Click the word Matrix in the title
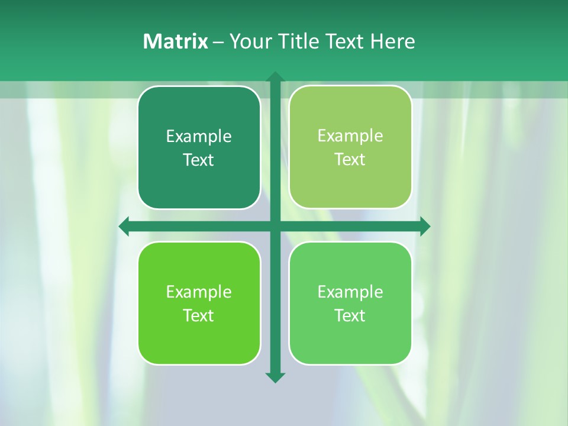click(175, 41)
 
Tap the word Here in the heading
click(393, 41)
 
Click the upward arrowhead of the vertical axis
click(275, 77)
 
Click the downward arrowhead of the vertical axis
click(275, 377)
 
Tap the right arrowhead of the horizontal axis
click(425, 226)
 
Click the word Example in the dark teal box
click(199, 137)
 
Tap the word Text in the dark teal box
click(199, 160)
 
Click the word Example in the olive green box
click(350, 136)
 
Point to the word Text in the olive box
click(350, 160)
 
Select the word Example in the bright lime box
click(199, 292)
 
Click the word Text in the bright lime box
click(199, 316)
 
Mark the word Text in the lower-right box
click(350, 316)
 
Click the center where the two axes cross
click(275, 226)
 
